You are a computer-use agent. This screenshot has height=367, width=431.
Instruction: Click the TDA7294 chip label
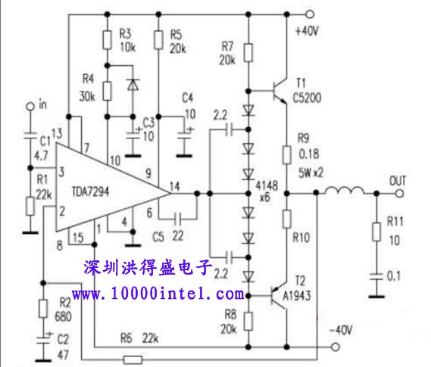90,191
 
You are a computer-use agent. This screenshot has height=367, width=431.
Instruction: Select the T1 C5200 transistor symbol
280,91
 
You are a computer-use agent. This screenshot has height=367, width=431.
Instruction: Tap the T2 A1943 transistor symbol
279,296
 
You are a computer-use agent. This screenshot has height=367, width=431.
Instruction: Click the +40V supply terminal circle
310,14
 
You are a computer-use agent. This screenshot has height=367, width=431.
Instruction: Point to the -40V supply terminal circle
335,347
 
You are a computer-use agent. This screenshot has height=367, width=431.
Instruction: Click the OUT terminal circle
400,194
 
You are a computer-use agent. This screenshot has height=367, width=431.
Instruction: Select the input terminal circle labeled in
30,106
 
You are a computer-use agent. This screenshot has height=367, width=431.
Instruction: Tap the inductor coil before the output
345,190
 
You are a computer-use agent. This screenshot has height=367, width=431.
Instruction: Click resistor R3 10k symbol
108,40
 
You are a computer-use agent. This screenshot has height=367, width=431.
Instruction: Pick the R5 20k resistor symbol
158,40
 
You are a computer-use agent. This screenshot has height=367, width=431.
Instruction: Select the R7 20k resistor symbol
248,52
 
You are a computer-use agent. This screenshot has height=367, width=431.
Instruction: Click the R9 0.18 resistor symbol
286,155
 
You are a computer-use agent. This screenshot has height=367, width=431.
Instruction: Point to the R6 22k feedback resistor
133,359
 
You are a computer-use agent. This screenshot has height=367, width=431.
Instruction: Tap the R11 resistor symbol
376,232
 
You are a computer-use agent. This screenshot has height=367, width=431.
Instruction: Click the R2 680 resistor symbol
43,309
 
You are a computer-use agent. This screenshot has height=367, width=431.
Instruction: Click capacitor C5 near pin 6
178,219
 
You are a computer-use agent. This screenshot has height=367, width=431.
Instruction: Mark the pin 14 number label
175,187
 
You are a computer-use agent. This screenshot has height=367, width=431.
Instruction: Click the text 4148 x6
267,191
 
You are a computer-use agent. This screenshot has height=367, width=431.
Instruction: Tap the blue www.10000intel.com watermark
158,294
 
